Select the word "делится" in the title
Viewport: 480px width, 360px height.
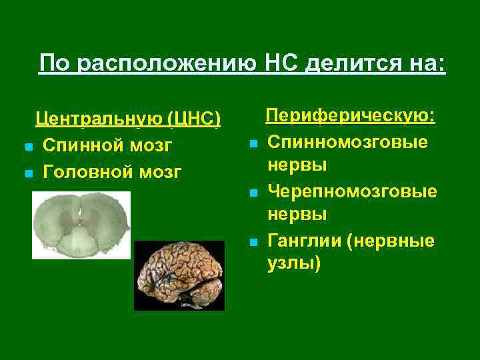click(349, 64)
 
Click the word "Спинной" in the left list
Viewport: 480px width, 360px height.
click(81, 145)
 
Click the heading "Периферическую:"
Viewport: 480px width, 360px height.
click(351, 116)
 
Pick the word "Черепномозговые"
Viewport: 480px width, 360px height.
click(353, 191)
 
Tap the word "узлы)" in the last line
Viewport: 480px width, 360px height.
click(294, 265)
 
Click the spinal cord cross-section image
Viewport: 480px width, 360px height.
click(81, 225)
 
